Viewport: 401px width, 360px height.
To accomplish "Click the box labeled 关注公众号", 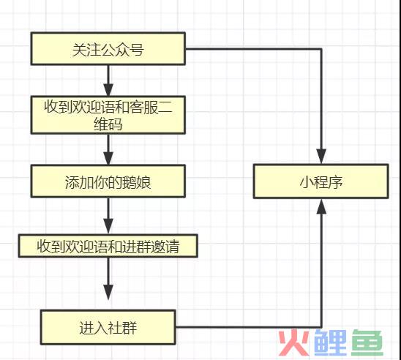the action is click(108, 48).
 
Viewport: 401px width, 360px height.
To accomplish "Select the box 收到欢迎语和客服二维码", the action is click(108, 115).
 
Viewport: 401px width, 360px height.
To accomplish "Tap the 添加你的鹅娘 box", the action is click(108, 181).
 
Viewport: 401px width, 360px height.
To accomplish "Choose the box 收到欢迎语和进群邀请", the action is click(108, 246).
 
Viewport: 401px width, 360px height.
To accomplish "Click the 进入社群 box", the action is click(108, 327).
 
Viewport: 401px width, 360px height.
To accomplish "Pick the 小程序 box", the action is click(321, 181).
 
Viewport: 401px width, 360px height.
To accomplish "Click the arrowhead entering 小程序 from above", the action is click(321, 157).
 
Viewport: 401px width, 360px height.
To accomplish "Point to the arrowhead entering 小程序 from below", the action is click(321, 206).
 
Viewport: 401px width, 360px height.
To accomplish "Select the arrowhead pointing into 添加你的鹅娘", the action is click(108, 158).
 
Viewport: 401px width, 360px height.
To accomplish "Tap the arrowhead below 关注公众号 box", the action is click(108, 89).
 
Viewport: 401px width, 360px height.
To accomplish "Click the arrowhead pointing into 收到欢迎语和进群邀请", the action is click(108, 226).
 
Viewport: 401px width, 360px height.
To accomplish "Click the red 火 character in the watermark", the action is click(294, 342).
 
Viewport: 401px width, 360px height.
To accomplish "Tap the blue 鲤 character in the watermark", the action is click(331, 342).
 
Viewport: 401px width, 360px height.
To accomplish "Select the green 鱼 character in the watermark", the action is click(367, 342).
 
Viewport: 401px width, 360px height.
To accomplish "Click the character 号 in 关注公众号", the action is click(136, 49).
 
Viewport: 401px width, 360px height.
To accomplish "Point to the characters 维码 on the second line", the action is click(108, 124).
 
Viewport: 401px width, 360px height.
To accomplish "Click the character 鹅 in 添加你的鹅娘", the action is click(130, 182).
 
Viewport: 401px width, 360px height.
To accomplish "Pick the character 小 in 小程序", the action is click(307, 182).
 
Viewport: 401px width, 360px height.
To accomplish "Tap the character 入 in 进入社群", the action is click(101, 328).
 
